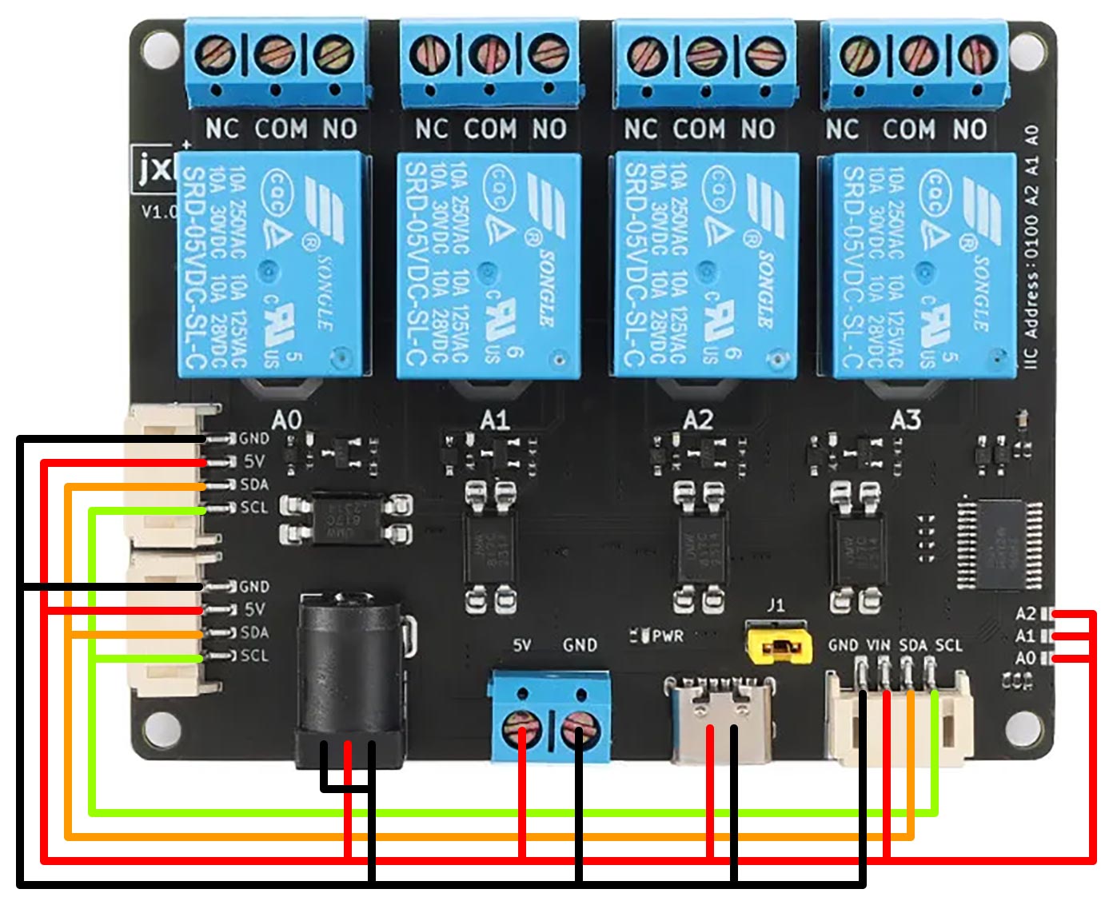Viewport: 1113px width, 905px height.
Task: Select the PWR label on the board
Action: point(668,636)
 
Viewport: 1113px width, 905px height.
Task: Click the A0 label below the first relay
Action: point(287,420)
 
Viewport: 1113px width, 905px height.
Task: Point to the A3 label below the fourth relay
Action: point(906,420)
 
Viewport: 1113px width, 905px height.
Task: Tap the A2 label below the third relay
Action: point(698,420)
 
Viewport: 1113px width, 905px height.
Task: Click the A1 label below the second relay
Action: point(495,420)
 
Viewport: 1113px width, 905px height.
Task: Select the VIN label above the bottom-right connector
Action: point(878,645)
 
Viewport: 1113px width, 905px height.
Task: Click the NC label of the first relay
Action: point(222,129)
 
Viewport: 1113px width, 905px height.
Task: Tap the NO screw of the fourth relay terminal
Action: point(973,54)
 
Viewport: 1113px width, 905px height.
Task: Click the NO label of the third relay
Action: point(757,129)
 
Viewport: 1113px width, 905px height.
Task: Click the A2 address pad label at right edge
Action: point(1026,614)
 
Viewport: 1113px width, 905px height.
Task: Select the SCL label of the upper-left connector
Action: point(254,508)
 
